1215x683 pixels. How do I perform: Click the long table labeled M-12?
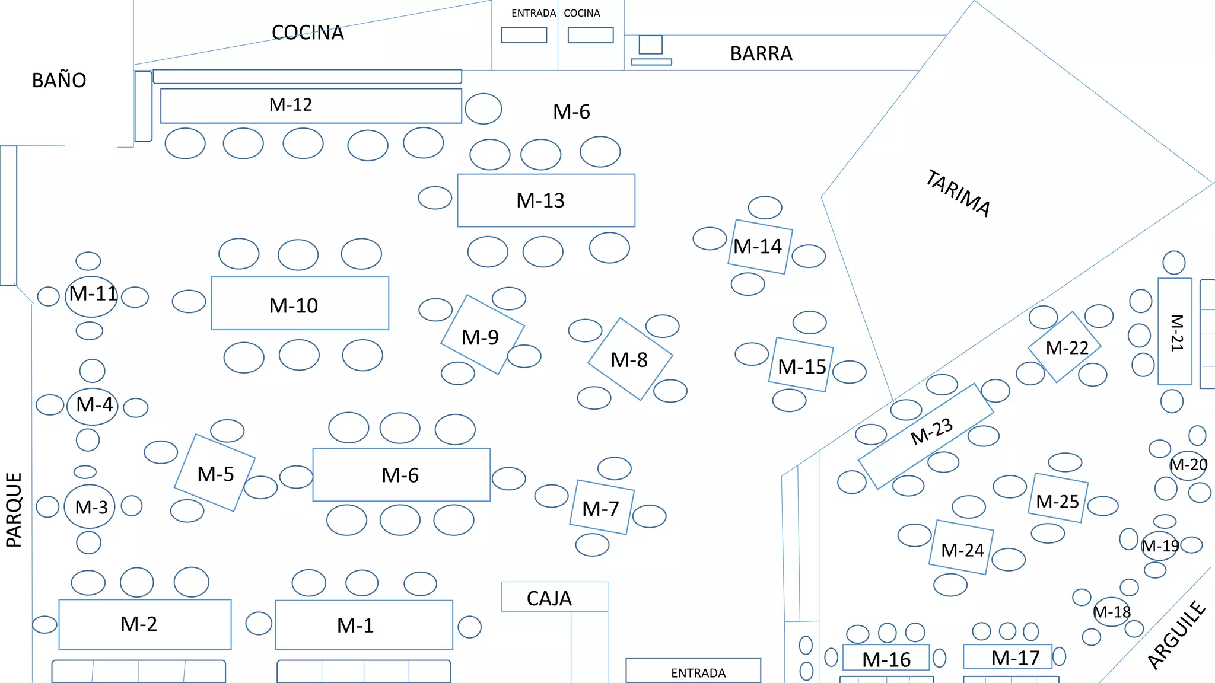coord(311,106)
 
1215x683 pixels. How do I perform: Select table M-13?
coord(546,200)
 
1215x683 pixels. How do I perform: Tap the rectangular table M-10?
coord(300,303)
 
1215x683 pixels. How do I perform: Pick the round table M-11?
coord(91,296)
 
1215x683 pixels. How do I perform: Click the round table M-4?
coord(93,406)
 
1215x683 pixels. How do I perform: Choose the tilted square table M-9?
coord(482,334)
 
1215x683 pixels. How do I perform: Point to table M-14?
coord(760,247)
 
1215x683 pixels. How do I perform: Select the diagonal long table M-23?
coord(925,436)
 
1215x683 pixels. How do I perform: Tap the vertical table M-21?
coord(1175,331)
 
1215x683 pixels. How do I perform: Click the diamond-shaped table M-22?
coord(1064,347)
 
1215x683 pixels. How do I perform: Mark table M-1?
coord(364,625)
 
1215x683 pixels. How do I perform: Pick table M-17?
coord(1007,656)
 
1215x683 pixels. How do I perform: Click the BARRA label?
coord(761,54)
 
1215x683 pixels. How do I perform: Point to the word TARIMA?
coord(958,193)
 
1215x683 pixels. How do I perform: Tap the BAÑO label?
coord(59,80)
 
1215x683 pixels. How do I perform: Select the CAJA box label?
coord(549,599)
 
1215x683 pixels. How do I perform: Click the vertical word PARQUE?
coord(14,510)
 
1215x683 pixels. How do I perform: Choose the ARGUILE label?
coord(1177,635)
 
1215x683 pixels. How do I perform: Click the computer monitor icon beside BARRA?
coord(651,45)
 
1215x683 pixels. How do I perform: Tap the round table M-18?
coord(1111,612)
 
